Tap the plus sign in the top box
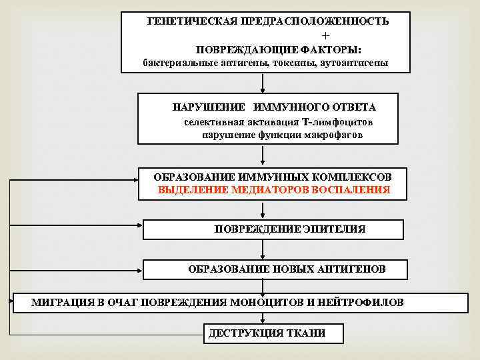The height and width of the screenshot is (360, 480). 325,35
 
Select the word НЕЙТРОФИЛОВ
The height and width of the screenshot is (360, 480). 364,302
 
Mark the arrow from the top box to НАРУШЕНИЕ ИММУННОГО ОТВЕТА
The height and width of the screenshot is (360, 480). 264,83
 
